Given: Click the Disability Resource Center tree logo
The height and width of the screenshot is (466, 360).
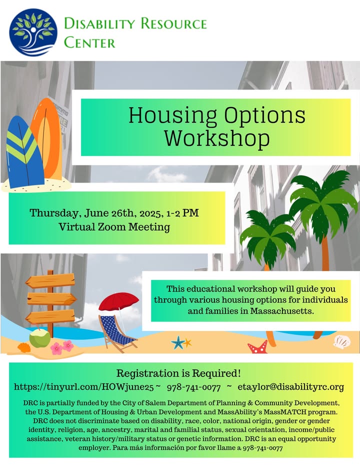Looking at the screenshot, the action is [33, 32].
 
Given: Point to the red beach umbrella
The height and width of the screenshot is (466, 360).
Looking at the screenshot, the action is [118, 301].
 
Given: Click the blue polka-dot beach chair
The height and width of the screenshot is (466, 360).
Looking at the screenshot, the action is [117, 333].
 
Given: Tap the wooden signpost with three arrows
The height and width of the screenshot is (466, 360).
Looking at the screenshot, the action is [50, 300].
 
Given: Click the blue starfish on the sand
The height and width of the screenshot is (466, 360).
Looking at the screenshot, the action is [178, 342].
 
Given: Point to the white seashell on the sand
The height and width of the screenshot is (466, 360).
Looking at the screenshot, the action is [342, 342].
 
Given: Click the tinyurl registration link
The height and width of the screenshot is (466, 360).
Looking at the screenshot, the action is [84, 387].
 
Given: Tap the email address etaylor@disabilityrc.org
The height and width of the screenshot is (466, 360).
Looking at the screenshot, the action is [290, 387].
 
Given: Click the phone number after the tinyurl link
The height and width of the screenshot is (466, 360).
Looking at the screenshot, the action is [194, 387].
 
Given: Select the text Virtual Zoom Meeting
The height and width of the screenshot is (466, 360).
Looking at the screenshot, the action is [114, 227].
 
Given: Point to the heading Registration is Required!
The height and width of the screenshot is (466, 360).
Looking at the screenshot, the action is [178, 373].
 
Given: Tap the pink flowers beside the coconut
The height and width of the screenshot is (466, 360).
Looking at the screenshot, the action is [62, 347].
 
